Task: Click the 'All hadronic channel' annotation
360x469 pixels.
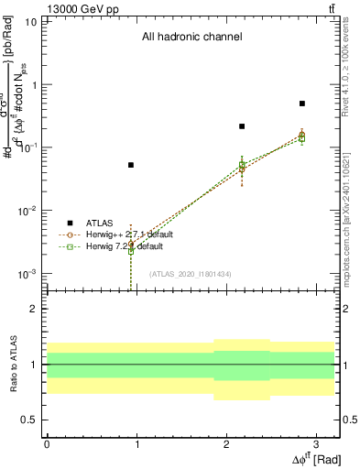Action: (191, 38)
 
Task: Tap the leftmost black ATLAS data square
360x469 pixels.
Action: (131, 165)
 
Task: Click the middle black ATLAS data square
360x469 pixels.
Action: (242, 126)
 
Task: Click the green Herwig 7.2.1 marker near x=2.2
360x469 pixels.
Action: (242, 166)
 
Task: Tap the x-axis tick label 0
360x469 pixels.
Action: (47, 443)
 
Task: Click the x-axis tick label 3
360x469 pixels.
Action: (316, 443)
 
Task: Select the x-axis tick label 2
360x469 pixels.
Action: (226, 443)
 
